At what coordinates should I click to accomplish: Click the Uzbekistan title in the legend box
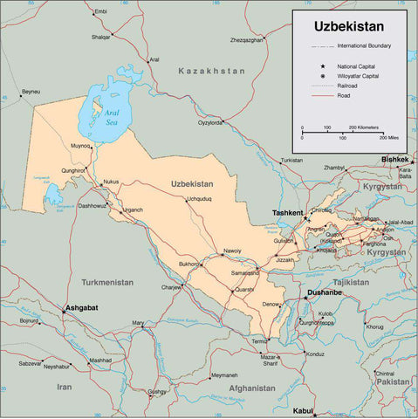350,27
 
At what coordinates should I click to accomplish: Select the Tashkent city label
287,213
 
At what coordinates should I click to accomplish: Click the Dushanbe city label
324,293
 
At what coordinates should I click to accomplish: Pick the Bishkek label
394,160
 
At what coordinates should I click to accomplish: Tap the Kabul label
303,409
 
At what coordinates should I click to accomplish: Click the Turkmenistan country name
107,282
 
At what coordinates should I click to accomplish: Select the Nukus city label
111,182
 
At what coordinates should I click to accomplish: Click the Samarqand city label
244,272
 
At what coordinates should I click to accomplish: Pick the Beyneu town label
31,92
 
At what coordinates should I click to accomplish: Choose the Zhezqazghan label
247,40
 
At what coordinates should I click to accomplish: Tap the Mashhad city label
100,360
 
